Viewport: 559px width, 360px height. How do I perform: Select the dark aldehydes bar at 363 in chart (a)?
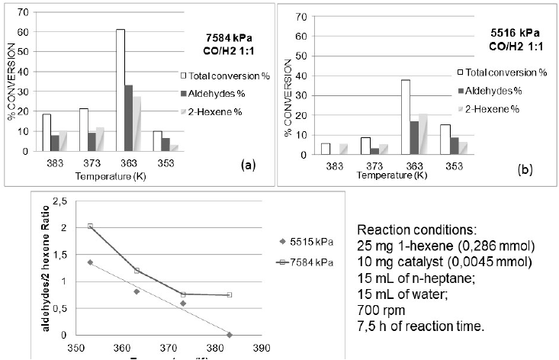129,117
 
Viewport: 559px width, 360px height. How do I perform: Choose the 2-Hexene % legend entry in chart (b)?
493,109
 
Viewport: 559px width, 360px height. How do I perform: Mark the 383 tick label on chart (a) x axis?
51,163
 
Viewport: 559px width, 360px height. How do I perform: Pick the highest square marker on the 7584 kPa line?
91,226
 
